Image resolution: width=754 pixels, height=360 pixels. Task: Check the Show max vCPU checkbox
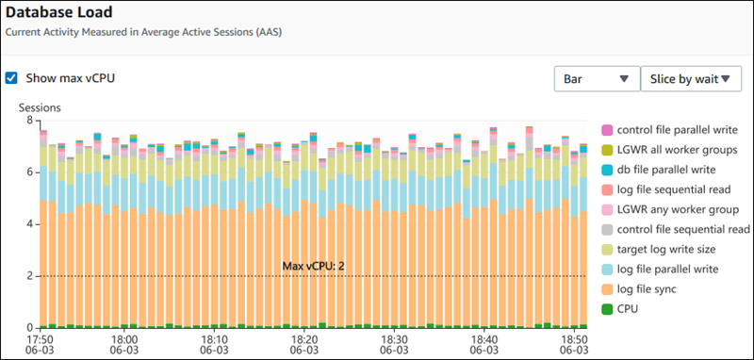(11, 78)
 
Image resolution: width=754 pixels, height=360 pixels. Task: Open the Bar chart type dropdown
(596, 79)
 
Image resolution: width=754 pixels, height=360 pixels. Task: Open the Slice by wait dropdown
(691, 79)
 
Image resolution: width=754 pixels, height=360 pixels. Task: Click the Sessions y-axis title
(40, 107)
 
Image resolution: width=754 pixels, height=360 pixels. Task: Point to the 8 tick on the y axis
(29, 121)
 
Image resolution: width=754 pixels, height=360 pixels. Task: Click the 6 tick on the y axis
(29, 172)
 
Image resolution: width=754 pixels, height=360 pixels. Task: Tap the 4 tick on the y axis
(29, 224)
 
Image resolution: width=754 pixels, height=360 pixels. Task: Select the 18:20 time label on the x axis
(303, 337)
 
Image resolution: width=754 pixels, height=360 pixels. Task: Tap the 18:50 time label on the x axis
(571, 337)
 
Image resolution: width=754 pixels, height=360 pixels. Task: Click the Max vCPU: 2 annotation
(314, 266)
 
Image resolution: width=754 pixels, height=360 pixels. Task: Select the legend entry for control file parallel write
(678, 129)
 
